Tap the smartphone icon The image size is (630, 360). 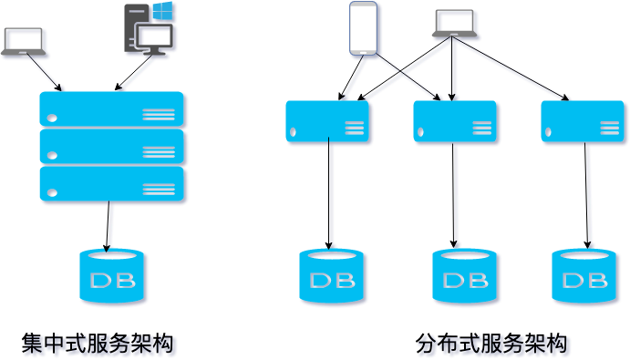[x=363, y=28]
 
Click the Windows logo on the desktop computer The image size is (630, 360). [x=162, y=12]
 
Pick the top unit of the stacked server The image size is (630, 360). [x=111, y=108]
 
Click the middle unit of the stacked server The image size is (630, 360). [x=111, y=146]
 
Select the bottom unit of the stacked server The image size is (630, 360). [x=111, y=183]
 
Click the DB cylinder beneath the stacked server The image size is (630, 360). [x=111, y=275]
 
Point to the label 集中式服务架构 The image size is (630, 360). [x=97, y=344]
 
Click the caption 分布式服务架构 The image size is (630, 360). [x=491, y=344]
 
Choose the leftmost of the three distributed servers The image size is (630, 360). [x=327, y=121]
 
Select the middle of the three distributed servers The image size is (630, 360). [x=454, y=121]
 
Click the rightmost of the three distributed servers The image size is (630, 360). [x=583, y=121]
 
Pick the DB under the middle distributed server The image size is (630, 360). [x=464, y=275]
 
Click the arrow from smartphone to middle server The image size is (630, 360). [x=408, y=77]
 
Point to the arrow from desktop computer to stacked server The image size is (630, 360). [x=134, y=73]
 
